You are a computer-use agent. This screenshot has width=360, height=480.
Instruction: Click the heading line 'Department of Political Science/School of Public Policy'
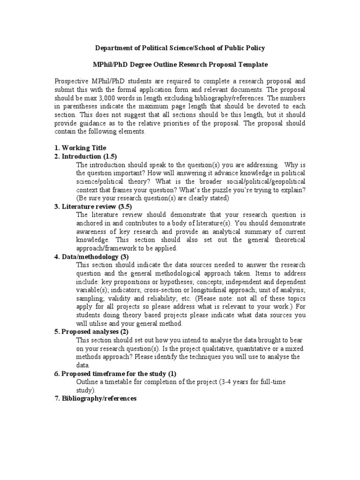(180, 48)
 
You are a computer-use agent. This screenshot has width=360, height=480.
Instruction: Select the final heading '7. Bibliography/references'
(96, 399)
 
